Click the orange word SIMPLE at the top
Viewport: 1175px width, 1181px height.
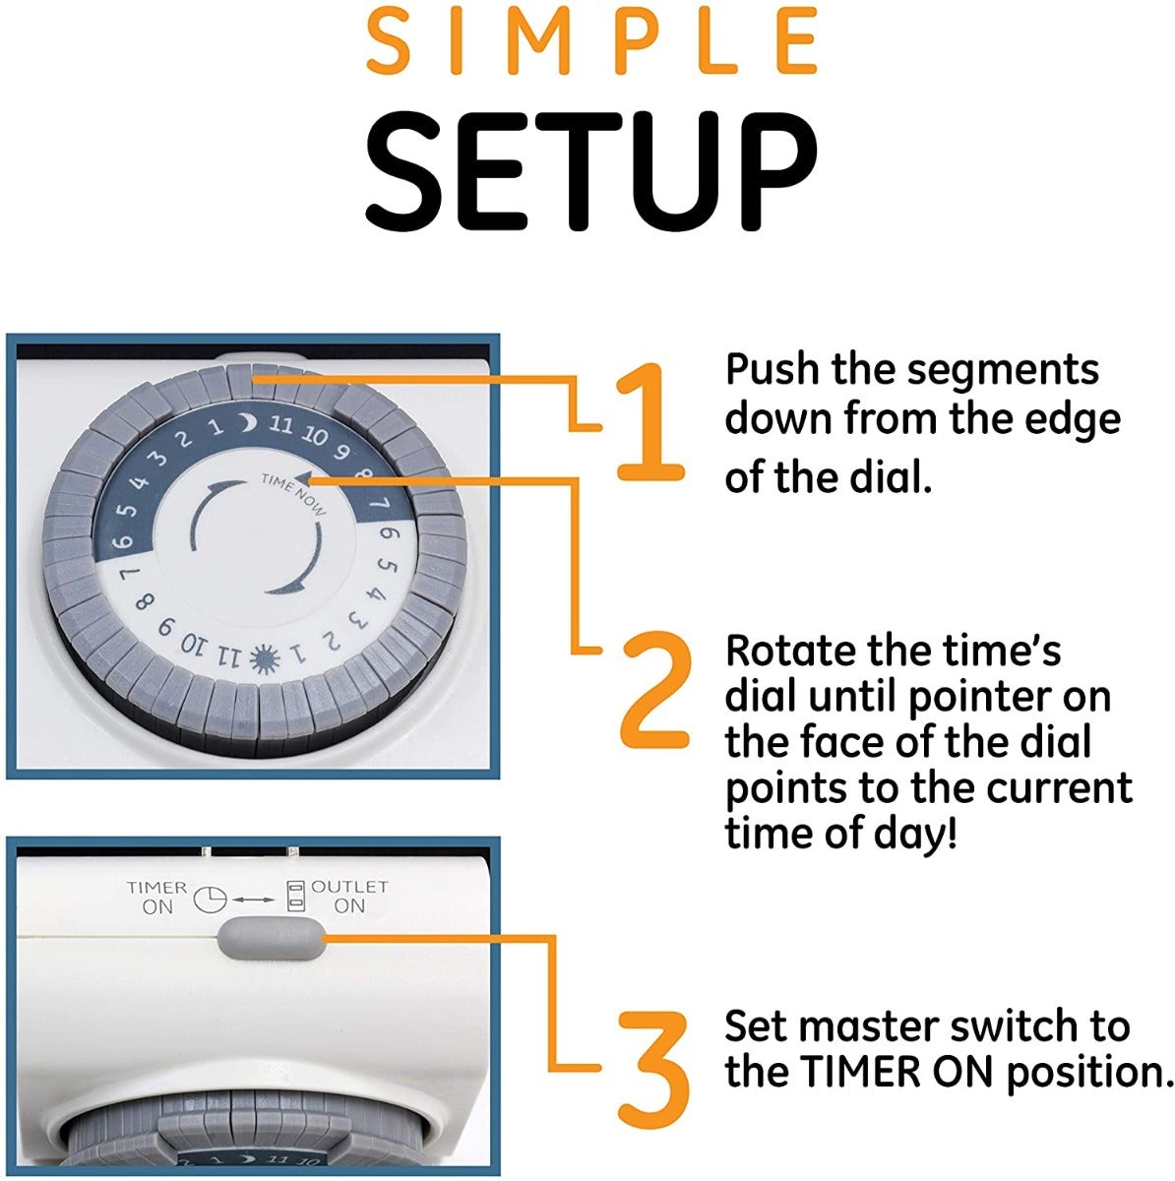pos(592,40)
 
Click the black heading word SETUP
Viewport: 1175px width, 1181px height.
pos(590,171)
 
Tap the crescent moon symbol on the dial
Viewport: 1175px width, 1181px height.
pos(247,421)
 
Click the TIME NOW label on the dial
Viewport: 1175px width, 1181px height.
pos(294,493)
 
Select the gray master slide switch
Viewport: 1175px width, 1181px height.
pos(271,937)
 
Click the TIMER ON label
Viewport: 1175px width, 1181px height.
pos(156,898)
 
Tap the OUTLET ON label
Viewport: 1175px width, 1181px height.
pos(349,896)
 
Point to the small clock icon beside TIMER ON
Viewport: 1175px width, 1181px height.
pos(211,900)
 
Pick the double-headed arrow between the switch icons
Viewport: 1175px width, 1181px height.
pos(253,900)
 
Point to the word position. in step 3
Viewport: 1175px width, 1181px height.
pos(1087,1075)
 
